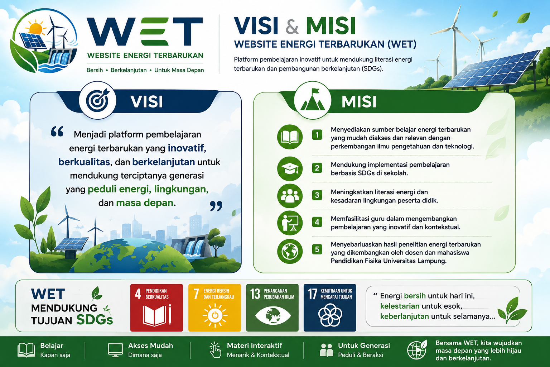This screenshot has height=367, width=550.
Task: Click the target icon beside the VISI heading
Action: pos(97,100)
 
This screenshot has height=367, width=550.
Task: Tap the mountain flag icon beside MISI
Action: pos(312,100)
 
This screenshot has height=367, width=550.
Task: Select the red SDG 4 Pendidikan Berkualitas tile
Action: pos(156,308)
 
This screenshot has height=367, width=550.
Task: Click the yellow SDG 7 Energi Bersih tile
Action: pos(214,308)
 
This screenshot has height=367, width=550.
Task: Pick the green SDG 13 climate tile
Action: pos(272,308)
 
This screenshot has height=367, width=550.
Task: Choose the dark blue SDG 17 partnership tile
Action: pos(330,308)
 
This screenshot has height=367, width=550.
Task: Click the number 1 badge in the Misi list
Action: pos(317,135)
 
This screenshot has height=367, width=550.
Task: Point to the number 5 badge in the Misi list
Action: pos(317,249)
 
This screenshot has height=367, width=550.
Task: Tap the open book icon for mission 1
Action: pos(290,137)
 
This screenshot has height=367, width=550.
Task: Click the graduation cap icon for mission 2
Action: pos(290,169)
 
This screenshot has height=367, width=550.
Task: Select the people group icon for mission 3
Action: pos(290,196)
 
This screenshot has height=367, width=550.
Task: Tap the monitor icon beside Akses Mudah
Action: pos(115,350)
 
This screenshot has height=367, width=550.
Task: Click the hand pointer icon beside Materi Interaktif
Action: pos(215,350)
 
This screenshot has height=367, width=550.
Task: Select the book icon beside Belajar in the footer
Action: pos(26,350)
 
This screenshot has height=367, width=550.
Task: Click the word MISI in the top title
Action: pos(331,25)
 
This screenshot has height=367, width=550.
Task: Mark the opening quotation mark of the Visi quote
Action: pos(57,131)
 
